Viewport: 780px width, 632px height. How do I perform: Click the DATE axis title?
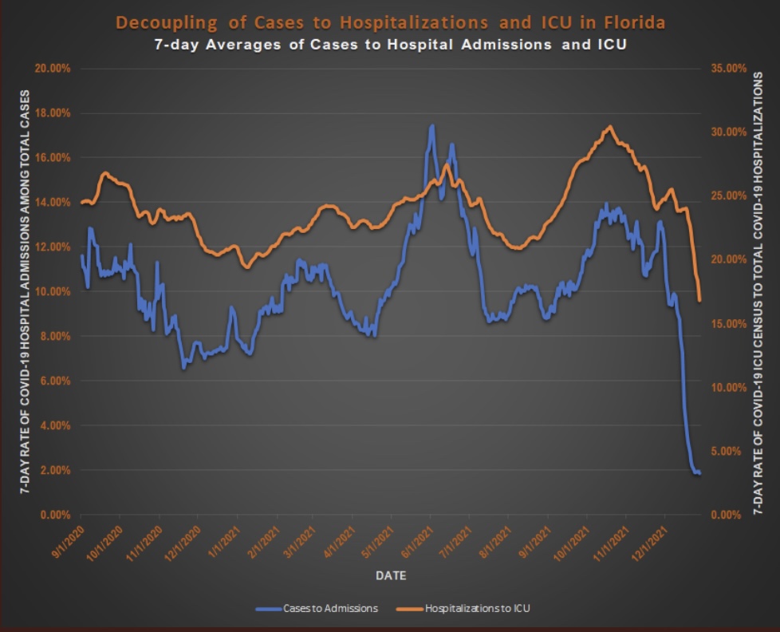pos(390,575)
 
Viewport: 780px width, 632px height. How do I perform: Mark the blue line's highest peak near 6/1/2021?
pos(431,126)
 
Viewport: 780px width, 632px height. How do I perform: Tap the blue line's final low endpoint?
pos(699,473)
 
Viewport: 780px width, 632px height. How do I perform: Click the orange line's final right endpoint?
pos(699,300)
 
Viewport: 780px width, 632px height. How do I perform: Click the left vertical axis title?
pos(23,291)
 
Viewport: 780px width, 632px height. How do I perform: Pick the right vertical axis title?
pos(758,291)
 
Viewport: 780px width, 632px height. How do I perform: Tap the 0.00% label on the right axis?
pos(728,515)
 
